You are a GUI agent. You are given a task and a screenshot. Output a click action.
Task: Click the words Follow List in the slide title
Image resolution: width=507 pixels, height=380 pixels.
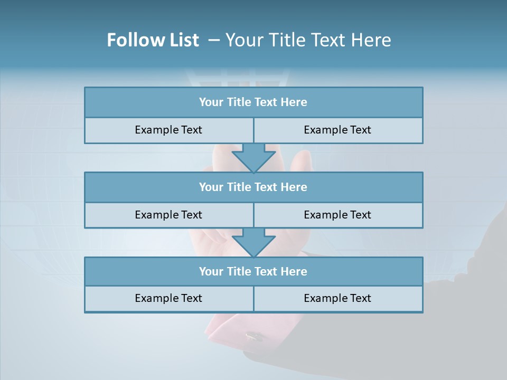153,41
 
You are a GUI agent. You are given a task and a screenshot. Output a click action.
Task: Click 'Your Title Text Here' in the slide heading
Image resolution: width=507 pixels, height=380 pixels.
308,41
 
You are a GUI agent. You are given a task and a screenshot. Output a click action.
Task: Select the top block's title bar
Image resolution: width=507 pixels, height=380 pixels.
253,102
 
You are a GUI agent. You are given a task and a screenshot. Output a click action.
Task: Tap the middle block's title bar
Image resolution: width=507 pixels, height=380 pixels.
253,187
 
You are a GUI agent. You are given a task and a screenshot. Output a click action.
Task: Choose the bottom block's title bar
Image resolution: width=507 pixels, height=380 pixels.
253,271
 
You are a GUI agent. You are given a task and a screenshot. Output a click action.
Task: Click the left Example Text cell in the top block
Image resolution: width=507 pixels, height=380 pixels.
168,130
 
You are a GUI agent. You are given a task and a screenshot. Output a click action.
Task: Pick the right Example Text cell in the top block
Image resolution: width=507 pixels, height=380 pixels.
337,130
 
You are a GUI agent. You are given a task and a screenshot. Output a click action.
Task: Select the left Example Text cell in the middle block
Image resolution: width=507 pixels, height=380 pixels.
168,215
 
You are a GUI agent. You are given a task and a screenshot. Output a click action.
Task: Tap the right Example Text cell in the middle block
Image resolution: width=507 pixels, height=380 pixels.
337,215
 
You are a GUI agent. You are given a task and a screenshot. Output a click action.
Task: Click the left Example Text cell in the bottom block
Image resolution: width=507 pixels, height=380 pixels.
168,298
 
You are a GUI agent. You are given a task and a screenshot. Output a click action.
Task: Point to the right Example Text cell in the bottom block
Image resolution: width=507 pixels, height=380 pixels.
337,298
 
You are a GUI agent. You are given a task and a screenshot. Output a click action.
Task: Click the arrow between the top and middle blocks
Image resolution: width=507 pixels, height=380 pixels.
253,158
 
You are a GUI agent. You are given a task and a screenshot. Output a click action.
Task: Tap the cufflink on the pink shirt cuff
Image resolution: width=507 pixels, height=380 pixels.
255,336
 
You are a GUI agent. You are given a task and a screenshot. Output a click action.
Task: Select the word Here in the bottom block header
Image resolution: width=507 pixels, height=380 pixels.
294,271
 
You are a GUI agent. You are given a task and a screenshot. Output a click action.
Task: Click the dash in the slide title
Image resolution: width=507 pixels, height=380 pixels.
214,41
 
